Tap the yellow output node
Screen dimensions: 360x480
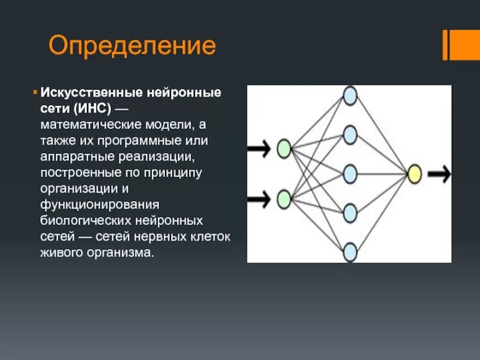tap(415, 174)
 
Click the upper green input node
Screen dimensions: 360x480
tap(284, 148)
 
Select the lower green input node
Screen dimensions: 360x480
tap(284, 198)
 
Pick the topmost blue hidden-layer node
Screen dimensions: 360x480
tap(349, 95)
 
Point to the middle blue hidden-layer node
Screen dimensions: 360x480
tap(349, 174)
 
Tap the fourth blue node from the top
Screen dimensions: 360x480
tap(349, 212)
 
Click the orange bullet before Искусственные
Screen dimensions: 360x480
tap(35, 93)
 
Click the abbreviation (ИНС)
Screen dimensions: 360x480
tap(89, 110)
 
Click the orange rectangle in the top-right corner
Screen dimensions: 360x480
tap(465, 44)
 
